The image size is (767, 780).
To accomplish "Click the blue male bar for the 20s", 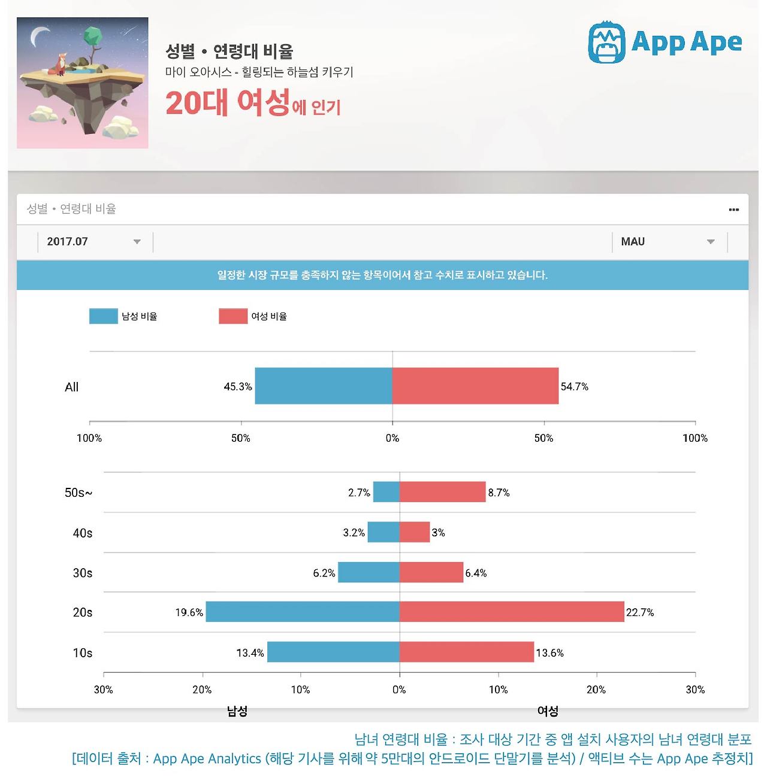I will [303, 612].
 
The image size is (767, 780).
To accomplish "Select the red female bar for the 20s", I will [512, 612].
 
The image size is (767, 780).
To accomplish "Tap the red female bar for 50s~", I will [442, 492].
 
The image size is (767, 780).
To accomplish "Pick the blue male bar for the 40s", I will [383, 532].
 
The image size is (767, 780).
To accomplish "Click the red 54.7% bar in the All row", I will [475, 386].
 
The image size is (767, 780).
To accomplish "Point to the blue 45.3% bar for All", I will [324, 386].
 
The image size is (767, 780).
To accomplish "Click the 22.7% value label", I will [640, 612].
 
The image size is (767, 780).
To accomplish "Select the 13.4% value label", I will [250, 652].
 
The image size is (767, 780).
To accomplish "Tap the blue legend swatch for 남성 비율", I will [103, 316].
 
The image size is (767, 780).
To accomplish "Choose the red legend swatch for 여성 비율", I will [233, 316].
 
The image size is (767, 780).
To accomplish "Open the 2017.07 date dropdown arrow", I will [137, 242].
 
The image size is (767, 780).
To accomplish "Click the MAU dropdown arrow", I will [711, 242].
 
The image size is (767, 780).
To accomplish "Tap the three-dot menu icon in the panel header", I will [733, 210].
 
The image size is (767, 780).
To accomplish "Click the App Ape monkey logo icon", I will [606, 42].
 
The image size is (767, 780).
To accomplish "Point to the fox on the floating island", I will [61, 64].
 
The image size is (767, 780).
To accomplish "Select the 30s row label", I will [83, 573].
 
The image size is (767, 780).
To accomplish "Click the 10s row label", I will [83, 653].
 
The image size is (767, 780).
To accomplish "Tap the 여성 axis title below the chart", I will [548, 711].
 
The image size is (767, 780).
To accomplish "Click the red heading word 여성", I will [263, 103].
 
